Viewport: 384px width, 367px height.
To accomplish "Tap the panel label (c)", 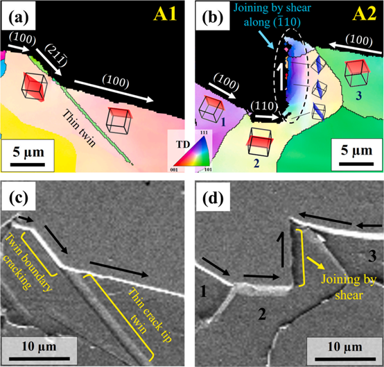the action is pos(19,198).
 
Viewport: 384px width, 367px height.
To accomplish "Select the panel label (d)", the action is pos(213,198).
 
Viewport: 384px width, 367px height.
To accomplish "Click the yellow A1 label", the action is pos(165,14).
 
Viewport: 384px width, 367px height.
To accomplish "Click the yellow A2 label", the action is pos(364,14).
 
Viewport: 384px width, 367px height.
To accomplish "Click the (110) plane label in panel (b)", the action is pos(264,107).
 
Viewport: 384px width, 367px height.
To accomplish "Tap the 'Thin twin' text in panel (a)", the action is pos(79,128).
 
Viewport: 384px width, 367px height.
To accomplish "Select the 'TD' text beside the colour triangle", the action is pos(183,144).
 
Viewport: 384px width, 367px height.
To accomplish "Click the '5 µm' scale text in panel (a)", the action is pos(28,152).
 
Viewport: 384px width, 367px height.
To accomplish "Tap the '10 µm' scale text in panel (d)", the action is pos(344,347).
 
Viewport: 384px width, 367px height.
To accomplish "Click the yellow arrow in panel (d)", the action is pos(315,263).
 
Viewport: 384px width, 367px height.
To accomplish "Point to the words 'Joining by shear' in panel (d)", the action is pos(349,287).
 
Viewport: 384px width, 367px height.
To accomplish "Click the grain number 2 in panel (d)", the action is pos(262,314).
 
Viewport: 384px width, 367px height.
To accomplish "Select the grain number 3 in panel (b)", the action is pos(358,96).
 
